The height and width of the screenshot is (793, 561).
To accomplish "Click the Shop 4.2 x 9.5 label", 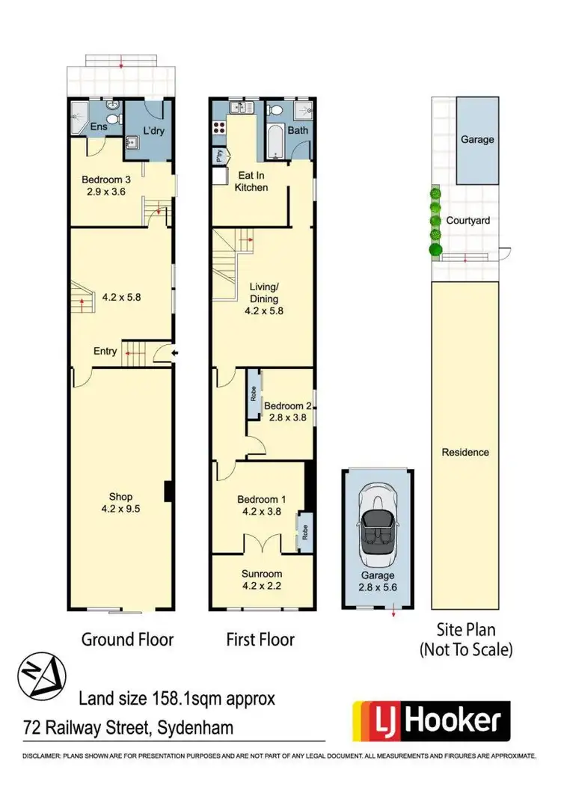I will click(x=120, y=502).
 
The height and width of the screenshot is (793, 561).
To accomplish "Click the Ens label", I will click(x=99, y=127).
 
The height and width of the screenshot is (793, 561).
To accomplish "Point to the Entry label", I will click(x=105, y=350).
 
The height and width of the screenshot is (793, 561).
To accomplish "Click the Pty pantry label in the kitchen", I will click(x=218, y=156).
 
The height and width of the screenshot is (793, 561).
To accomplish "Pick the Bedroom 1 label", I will click(x=260, y=506).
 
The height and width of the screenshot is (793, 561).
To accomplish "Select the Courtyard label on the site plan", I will click(x=468, y=221).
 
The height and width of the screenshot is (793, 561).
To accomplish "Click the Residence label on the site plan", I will click(x=465, y=452).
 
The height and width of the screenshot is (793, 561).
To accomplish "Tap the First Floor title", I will click(x=260, y=640).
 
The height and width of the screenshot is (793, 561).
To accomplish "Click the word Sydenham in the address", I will click(x=198, y=727).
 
